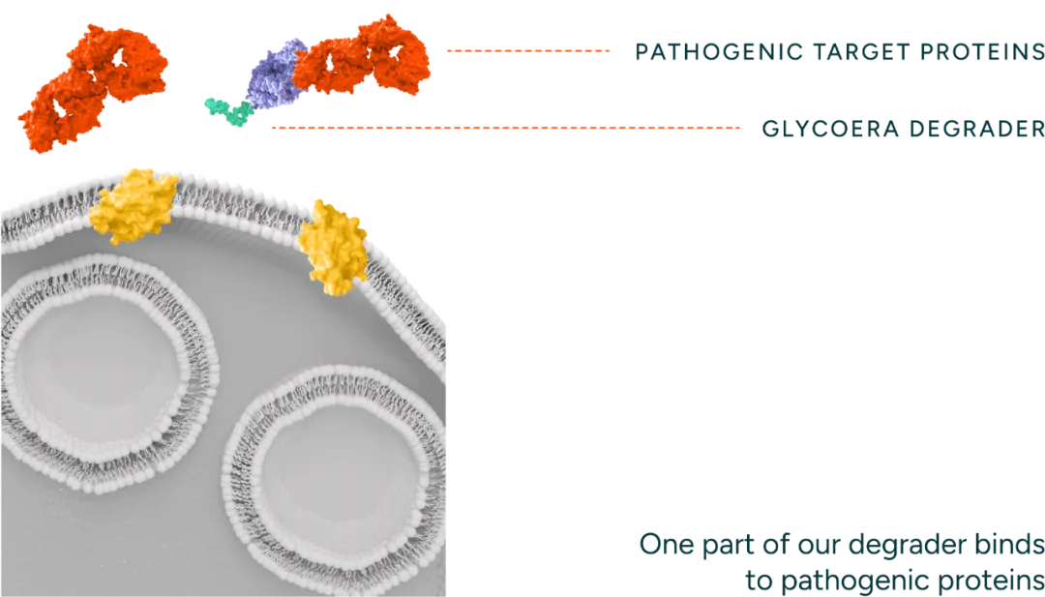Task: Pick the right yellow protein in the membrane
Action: tap(334, 247)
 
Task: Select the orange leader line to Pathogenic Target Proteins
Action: tap(527, 50)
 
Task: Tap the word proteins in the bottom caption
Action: tap(992, 582)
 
